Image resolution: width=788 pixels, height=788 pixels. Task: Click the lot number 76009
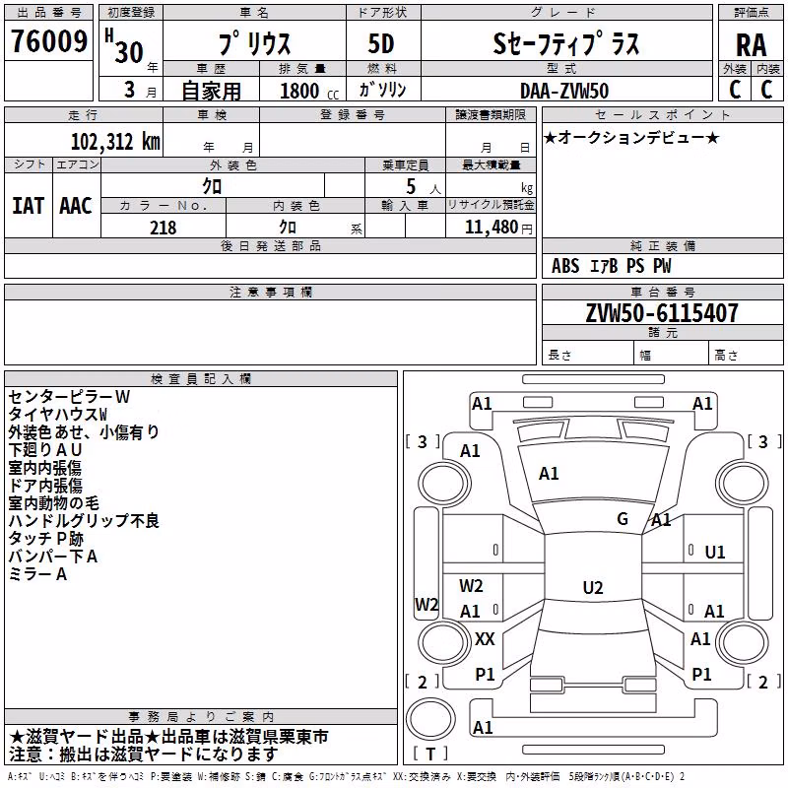click(x=49, y=40)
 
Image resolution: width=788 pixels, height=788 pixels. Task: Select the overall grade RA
click(x=751, y=45)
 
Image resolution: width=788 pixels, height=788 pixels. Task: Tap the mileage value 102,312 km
click(x=115, y=141)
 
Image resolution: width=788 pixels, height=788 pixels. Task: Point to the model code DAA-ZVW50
click(x=564, y=91)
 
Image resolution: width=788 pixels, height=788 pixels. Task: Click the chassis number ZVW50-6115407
click(x=662, y=313)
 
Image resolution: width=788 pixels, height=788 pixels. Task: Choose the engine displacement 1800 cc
click(x=309, y=91)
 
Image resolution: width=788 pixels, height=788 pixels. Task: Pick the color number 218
click(x=163, y=228)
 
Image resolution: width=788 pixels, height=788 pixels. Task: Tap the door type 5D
click(x=381, y=44)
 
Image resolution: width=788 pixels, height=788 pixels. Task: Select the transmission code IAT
click(x=28, y=206)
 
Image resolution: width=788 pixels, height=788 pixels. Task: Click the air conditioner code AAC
click(x=76, y=206)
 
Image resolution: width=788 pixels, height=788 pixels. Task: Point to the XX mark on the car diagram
click(x=485, y=639)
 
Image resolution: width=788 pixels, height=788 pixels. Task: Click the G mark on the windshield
click(x=623, y=519)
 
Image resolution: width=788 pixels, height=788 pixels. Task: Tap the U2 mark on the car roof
click(x=593, y=587)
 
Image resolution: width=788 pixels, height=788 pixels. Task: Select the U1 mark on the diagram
click(x=715, y=553)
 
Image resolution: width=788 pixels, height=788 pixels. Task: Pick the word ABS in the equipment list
click(x=565, y=266)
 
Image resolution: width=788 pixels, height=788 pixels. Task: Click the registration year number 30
click(x=129, y=52)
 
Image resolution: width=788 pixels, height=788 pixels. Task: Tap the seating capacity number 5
click(x=411, y=187)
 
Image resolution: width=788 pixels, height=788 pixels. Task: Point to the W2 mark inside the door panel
click(x=471, y=586)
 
